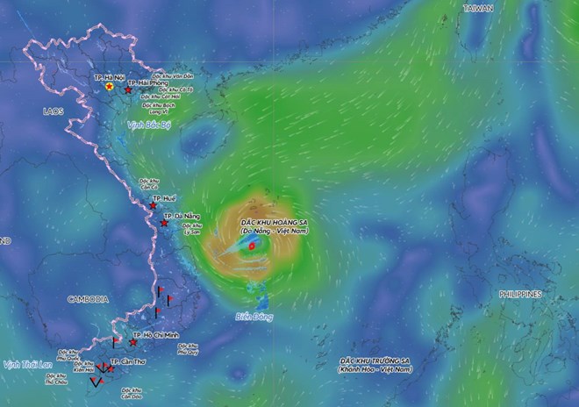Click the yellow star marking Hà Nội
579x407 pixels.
click(x=109, y=88)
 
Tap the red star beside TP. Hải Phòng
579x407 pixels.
click(x=129, y=90)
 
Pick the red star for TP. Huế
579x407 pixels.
click(x=154, y=206)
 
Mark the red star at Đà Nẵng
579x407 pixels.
click(x=164, y=223)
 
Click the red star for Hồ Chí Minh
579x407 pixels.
click(x=133, y=342)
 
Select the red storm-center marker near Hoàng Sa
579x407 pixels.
click(x=252, y=248)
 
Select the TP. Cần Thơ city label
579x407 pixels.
click(x=126, y=361)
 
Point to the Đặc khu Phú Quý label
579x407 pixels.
click(x=188, y=349)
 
